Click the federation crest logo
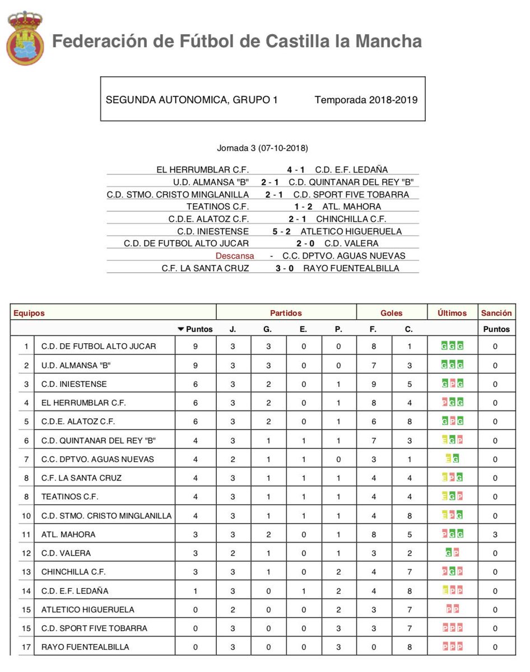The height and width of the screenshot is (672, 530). tap(25, 38)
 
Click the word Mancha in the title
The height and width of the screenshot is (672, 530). tap(390, 41)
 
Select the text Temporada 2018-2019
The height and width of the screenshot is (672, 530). tap(366, 100)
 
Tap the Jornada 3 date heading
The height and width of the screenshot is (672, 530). tap(262, 148)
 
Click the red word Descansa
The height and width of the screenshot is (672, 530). tap(235, 255)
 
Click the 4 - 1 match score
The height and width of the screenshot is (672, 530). tap(297, 170)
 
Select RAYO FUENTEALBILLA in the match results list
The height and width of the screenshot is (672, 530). tap(351, 268)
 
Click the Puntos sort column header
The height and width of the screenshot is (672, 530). tap(196, 329)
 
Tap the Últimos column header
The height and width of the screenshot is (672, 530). tap(452, 313)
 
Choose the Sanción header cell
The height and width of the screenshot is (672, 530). tap(495, 313)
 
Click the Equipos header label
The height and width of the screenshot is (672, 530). tap(29, 313)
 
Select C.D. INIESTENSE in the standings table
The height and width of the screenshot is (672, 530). tap(74, 384)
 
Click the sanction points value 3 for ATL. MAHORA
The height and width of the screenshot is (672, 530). tap(495, 534)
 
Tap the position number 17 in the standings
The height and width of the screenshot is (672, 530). tap(25, 647)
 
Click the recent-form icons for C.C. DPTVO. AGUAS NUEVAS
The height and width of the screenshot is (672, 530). tap(452, 459)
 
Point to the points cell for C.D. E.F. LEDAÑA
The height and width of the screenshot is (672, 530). tap(195, 591)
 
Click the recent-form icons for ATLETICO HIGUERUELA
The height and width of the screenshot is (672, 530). tap(452, 609)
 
